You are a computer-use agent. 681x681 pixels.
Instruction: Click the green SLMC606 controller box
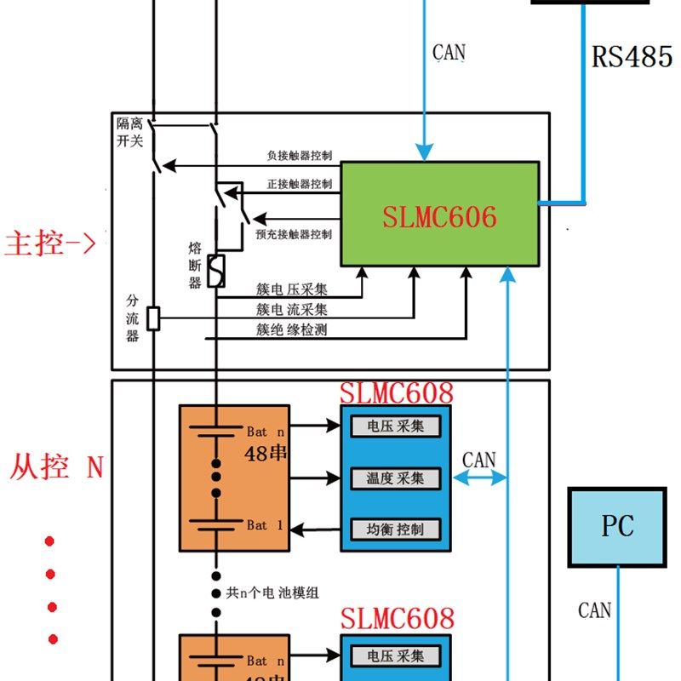pyautogui.click(x=439, y=215)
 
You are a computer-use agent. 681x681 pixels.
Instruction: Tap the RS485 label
pyautogui.click(x=632, y=57)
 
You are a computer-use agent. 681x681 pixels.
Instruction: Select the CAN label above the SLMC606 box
pyautogui.click(x=449, y=53)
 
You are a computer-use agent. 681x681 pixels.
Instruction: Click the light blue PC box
pyautogui.click(x=617, y=527)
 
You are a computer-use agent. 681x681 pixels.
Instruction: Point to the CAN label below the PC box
pyautogui.click(x=595, y=609)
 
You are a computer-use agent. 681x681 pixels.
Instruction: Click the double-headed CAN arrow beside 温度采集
pyautogui.click(x=479, y=479)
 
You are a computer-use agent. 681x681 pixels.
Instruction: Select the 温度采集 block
pyautogui.click(x=395, y=478)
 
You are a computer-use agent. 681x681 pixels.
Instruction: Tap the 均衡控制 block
pyautogui.click(x=395, y=529)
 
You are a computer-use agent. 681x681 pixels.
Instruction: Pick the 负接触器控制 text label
pyautogui.click(x=299, y=157)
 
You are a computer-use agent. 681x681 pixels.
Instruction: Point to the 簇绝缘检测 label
pyautogui.click(x=292, y=329)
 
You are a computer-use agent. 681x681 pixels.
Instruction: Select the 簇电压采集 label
pyautogui.click(x=292, y=289)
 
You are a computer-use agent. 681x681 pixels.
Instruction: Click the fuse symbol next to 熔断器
pyautogui.click(x=216, y=271)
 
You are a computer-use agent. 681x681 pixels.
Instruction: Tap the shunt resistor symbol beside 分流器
pyautogui.click(x=153, y=319)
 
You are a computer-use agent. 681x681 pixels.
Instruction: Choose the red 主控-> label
pyautogui.click(x=50, y=243)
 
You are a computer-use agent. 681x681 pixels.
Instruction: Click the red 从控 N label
pyautogui.click(x=56, y=467)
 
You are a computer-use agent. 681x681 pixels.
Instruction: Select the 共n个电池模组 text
pyautogui.click(x=272, y=592)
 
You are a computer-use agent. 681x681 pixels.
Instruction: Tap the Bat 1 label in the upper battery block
pyautogui.click(x=264, y=526)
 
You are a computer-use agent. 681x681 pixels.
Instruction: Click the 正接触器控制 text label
pyautogui.click(x=299, y=184)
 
